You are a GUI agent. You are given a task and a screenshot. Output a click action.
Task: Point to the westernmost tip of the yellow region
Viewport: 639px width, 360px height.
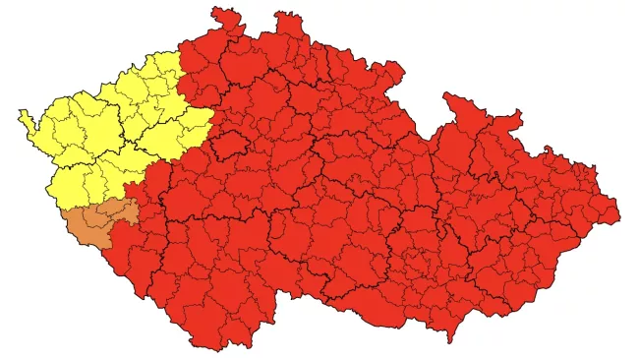click(20, 112)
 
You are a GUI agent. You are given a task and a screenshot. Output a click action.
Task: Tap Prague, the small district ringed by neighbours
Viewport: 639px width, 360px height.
click(233, 145)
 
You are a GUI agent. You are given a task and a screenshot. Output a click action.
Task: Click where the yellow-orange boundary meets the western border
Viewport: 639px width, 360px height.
click(59, 209)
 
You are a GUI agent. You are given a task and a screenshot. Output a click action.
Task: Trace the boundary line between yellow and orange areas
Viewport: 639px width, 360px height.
click(98, 205)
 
